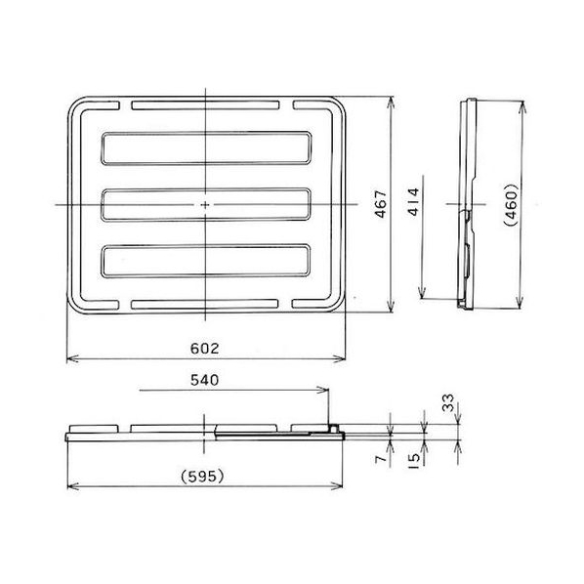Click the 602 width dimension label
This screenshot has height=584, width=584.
click(x=204, y=349)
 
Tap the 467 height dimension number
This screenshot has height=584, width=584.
click(x=381, y=204)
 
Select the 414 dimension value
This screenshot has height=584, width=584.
click(x=413, y=202)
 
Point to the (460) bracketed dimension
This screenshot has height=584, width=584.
click(x=511, y=205)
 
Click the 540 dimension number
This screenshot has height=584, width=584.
click(x=204, y=380)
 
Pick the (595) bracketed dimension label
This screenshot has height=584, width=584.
click(x=202, y=477)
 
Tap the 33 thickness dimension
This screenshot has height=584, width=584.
click(x=448, y=402)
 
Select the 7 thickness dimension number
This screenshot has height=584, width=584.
click(x=381, y=459)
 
